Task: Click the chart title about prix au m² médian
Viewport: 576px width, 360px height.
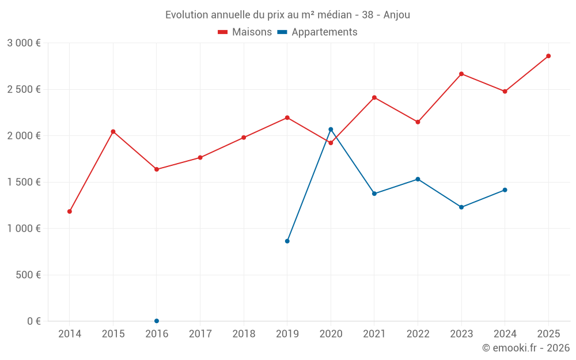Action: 287,14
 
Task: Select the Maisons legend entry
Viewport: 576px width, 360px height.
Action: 245,32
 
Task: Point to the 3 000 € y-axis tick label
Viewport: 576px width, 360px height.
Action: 24,43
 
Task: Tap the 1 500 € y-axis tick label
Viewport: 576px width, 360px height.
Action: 24,182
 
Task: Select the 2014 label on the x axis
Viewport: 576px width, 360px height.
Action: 70,334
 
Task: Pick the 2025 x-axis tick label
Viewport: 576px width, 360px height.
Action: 548,334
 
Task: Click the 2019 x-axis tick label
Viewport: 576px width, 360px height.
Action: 287,334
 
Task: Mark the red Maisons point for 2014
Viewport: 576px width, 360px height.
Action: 70,211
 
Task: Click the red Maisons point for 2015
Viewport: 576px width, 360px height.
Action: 113,131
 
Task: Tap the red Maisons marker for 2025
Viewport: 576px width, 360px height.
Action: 548,56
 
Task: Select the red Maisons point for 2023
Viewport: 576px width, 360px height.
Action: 461,74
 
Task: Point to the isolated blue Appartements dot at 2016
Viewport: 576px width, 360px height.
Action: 157,321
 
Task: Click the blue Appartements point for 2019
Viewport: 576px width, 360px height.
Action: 287,241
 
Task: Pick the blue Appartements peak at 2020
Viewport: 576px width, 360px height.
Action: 331,129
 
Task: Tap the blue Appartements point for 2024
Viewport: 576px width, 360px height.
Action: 505,190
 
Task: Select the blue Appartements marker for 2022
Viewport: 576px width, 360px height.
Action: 418,179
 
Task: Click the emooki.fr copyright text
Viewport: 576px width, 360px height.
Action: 525,348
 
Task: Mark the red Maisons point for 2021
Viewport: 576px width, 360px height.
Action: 374,97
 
